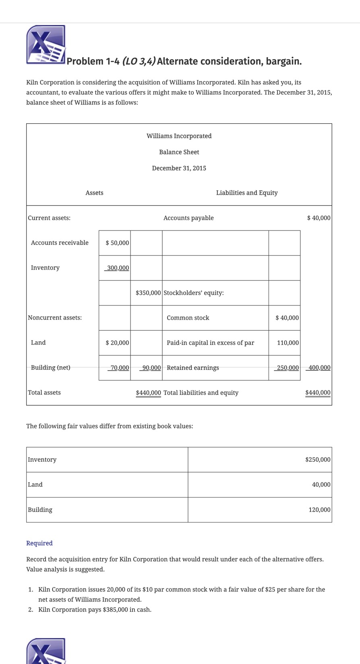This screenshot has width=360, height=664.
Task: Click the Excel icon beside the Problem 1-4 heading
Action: click(x=46, y=45)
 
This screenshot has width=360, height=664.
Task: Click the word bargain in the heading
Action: click(x=281, y=61)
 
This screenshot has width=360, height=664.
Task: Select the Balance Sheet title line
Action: click(x=179, y=152)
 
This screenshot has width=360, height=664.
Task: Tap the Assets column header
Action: click(x=94, y=193)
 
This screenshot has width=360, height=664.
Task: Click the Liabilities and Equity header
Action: click(x=246, y=193)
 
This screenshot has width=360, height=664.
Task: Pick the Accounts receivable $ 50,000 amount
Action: click(x=117, y=243)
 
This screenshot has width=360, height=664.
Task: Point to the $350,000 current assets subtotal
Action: click(x=148, y=293)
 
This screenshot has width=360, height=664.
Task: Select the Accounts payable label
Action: click(x=188, y=218)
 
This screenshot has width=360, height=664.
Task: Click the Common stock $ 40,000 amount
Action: click(x=287, y=318)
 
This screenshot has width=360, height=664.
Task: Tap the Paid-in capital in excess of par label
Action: click(x=210, y=343)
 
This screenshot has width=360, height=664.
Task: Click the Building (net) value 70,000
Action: click(x=119, y=368)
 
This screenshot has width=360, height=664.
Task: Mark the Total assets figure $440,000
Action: click(x=148, y=393)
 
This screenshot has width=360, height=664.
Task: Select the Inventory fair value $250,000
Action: click(x=318, y=460)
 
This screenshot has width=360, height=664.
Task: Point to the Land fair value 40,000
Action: click(x=321, y=485)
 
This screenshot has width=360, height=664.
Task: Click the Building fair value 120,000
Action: click(x=319, y=510)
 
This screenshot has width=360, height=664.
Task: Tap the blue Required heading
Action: click(x=39, y=543)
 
